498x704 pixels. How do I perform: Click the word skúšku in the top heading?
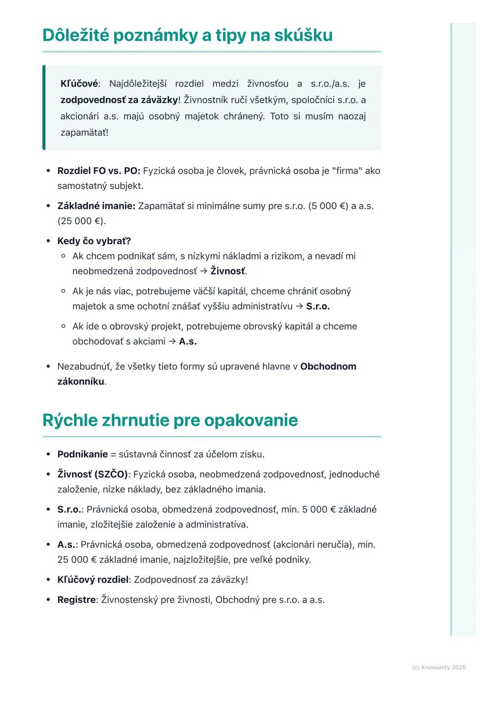pyautogui.click(x=303, y=35)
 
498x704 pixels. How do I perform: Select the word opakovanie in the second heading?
pyautogui.click(x=251, y=420)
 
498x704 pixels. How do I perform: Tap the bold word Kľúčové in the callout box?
pyautogui.click(x=79, y=84)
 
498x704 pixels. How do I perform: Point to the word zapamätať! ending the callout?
pyautogui.click(x=84, y=133)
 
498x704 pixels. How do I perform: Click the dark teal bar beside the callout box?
pyautogui.click(x=44, y=107)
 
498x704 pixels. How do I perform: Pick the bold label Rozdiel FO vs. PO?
pyautogui.click(x=99, y=171)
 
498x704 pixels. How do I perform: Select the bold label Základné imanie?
pyautogui.click(x=96, y=206)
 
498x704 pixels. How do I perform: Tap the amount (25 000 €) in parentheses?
pyautogui.click(x=82, y=221)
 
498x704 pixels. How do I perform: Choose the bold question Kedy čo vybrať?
pyautogui.click(x=94, y=241)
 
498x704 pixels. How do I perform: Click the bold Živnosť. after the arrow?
pyautogui.click(x=229, y=271)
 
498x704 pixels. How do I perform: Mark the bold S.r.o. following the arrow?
pyautogui.click(x=318, y=306)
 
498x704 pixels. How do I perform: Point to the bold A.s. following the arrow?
pyautogui.click(x=188, y=341)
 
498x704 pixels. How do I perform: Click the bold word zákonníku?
pyautogui.click(x=81, y=381)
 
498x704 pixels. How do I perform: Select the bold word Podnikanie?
pyautogui.click(x=83, y=454)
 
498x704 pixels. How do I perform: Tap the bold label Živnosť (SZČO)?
pyautogui.click(x=93, y=474)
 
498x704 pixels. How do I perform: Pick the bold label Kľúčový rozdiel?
pyautogui.click(x=93, y=580)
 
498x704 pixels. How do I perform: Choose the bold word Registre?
pyautogui.click(x=77, y=600)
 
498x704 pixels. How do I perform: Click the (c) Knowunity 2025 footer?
pyautogui.click(x=439, y=668)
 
